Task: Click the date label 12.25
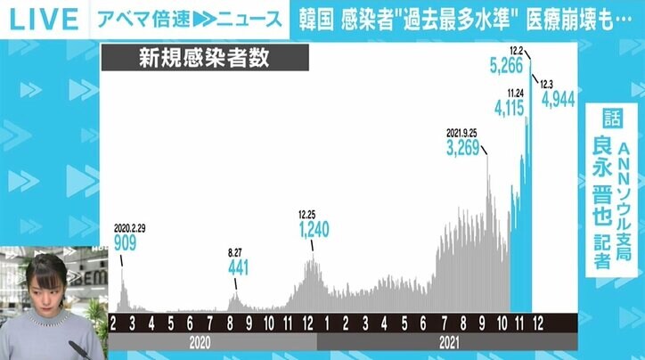(x=307, y=215)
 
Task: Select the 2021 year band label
(x=448, y=340)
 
